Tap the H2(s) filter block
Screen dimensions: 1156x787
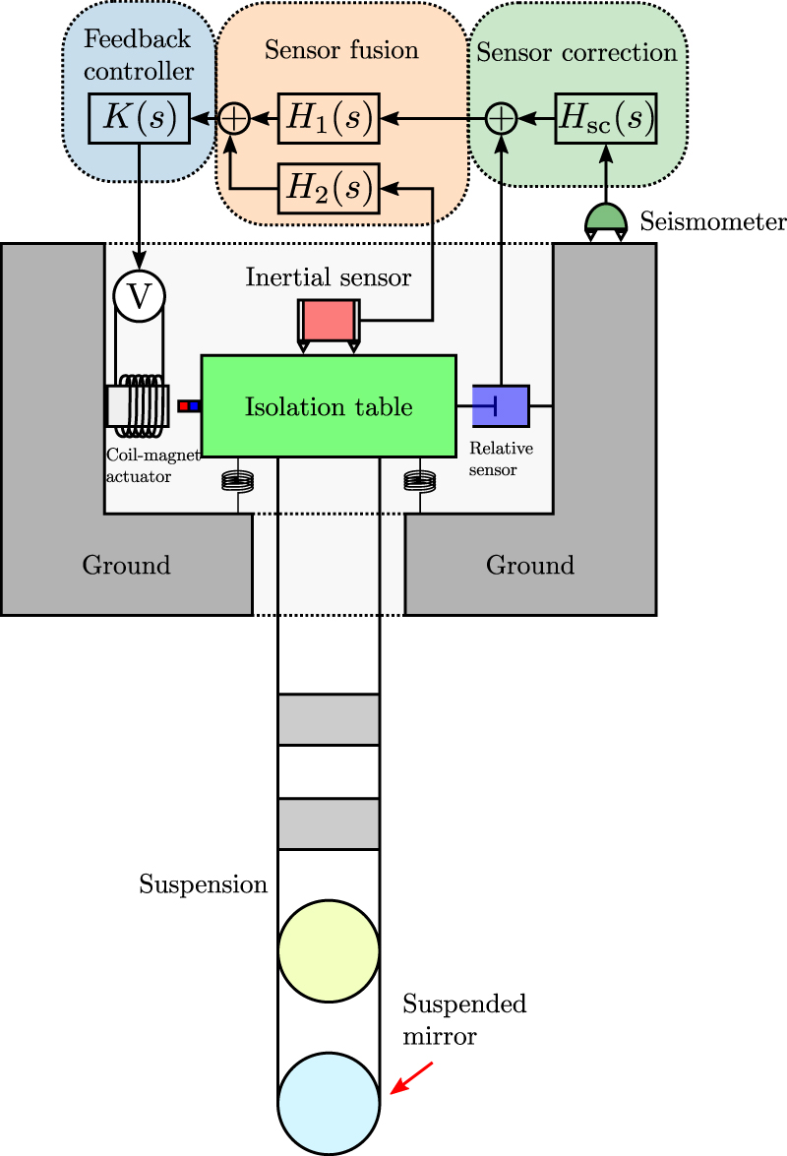tap(329, 186)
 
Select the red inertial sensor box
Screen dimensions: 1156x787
tap(329, 320)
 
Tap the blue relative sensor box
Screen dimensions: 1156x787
tap(501, 405)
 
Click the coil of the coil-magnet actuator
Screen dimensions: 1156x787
tap(141, 405)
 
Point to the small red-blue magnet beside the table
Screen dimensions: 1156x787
tap(189, 405)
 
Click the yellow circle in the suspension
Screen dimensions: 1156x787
tap(329, 950)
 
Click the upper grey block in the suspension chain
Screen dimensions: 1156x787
tap(329, 719)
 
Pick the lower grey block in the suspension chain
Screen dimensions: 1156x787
tap(329, 823)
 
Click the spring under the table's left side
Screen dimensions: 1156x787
tap(237, 481)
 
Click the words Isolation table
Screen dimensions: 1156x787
tap(329, 406)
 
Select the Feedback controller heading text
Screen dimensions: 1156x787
tap(139, 56)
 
